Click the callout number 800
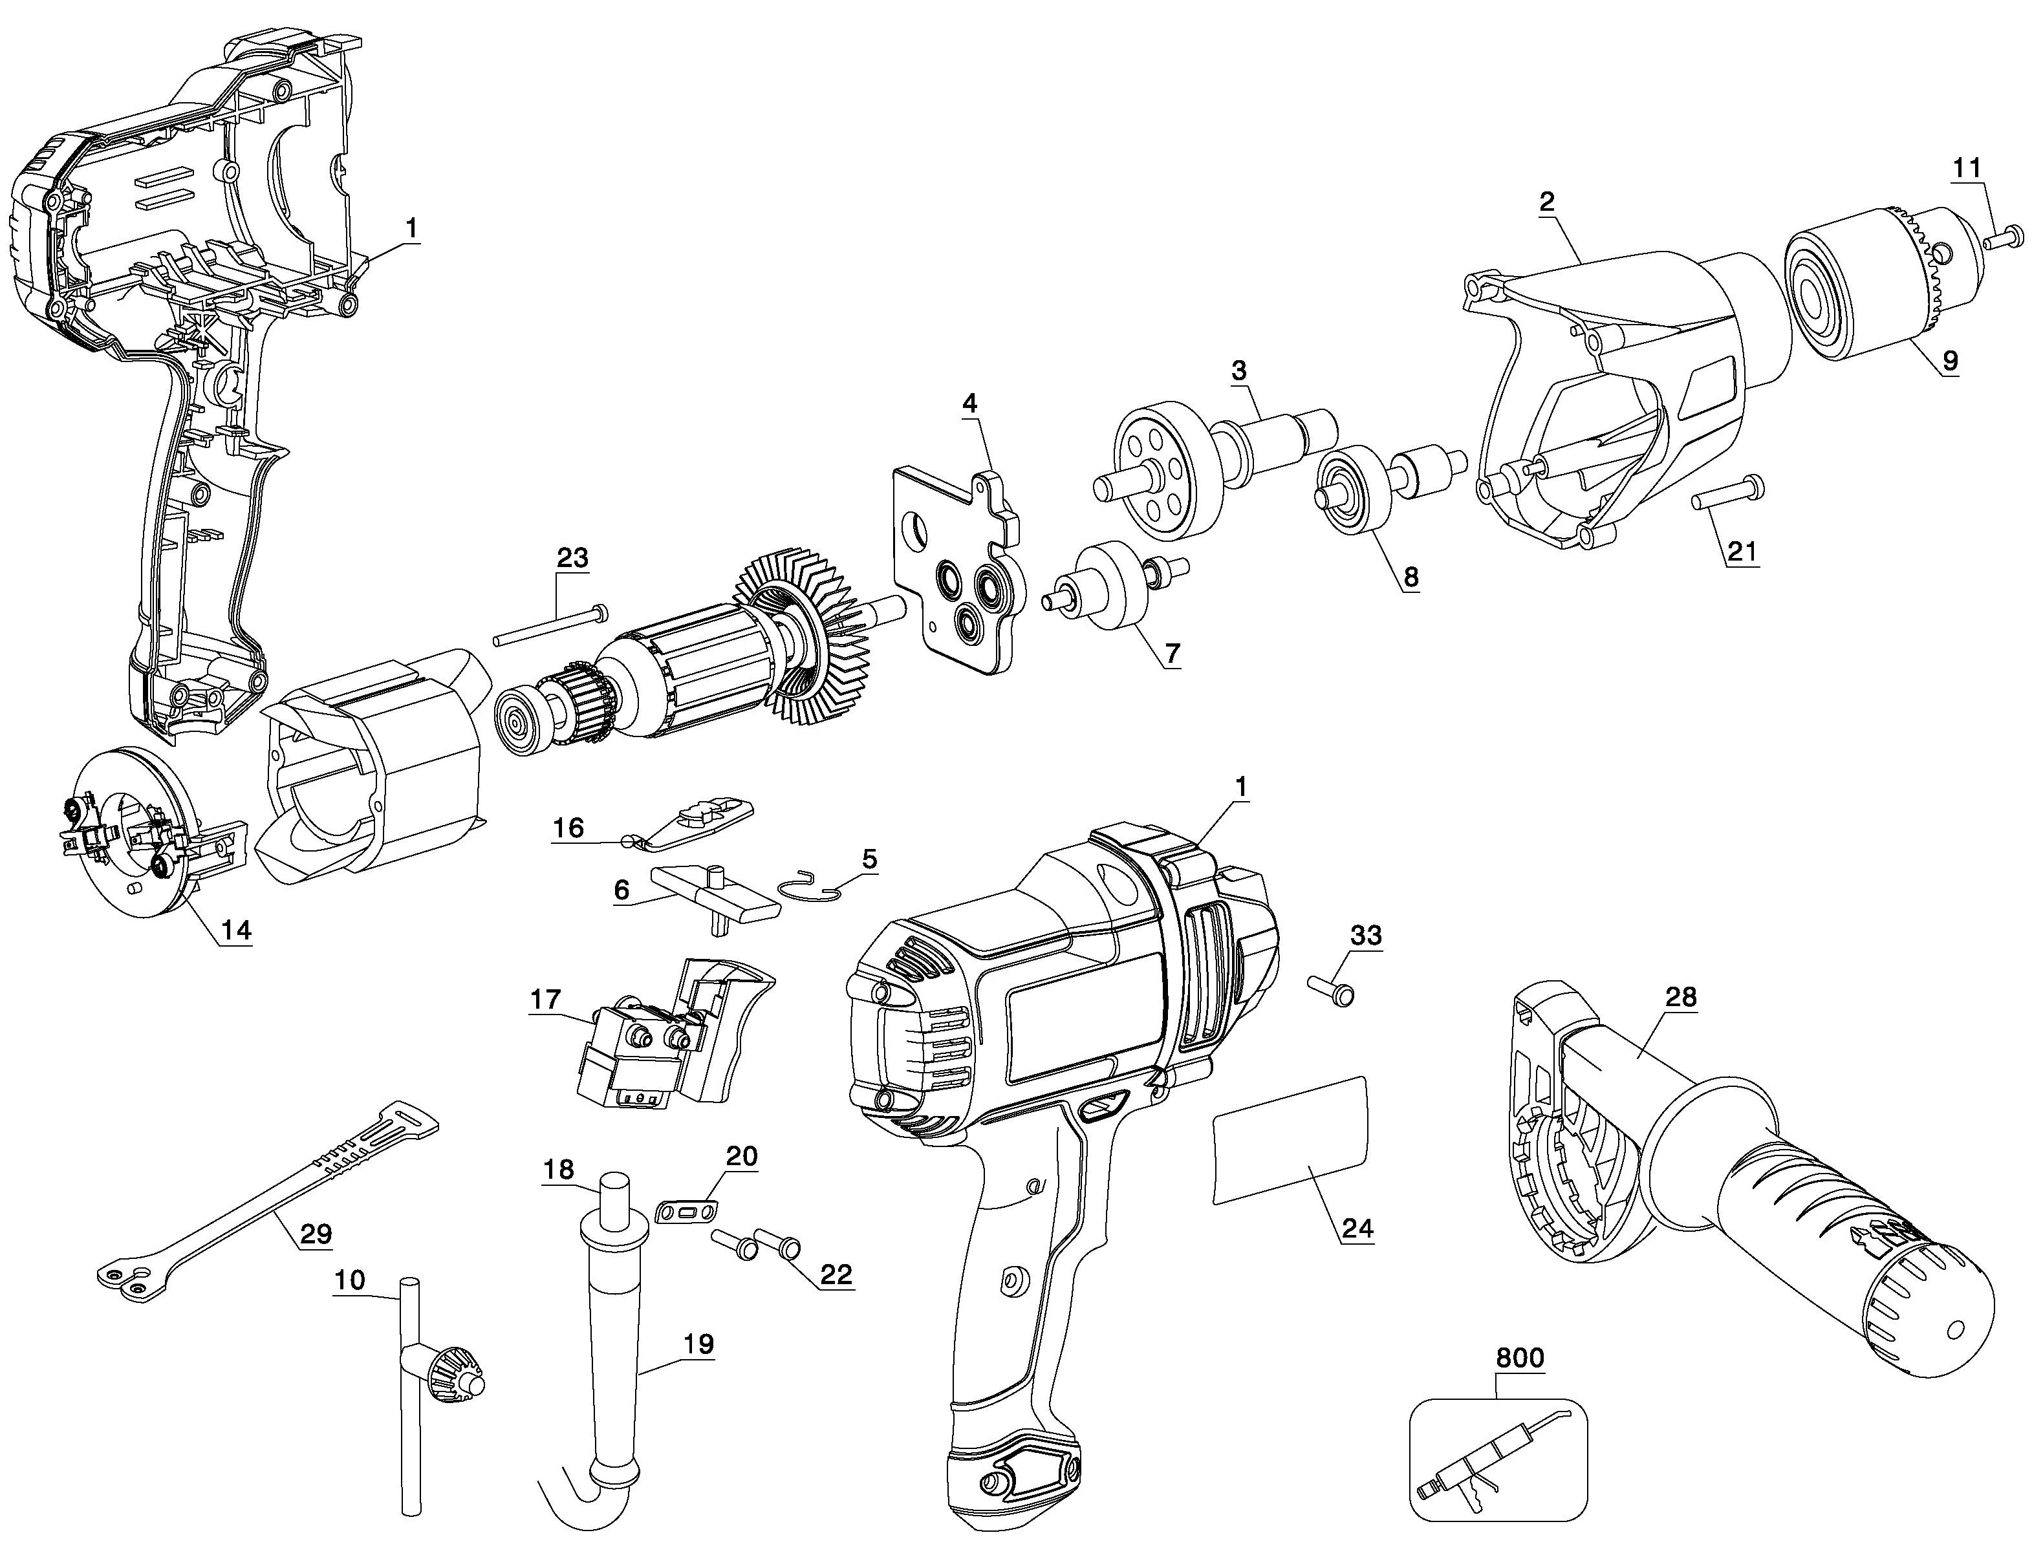[x=1519, y=1358]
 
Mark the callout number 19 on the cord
[x=698, y=1344]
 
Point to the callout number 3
[x=1238, y=371]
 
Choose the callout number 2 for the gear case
[x=1547, y=202]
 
